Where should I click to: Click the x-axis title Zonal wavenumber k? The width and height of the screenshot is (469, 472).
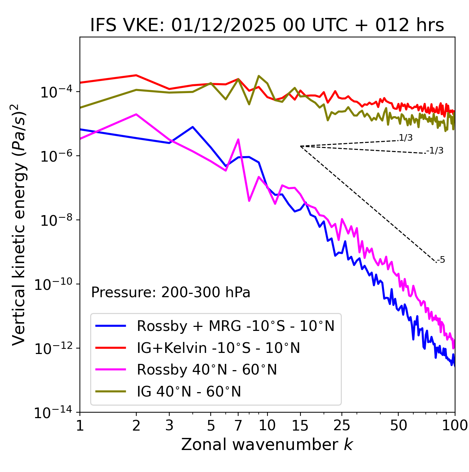click(x=267, y=445)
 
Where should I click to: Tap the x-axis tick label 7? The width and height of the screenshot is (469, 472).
click(x=238, y=425)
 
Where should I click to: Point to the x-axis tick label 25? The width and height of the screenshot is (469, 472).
click(x=342, y=425)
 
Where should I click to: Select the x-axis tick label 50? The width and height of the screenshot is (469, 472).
click(x=398, y=425)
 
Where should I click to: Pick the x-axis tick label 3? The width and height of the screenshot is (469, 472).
click(x=169, y=425)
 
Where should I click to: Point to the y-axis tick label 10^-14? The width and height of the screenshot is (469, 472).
click(x=53, y=413)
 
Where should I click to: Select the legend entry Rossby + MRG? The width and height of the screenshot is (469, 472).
click(x=236, y=326)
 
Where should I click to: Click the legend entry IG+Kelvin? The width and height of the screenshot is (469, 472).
click(x=218, y=348)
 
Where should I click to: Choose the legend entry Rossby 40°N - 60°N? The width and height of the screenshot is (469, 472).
click(x=207, y=370)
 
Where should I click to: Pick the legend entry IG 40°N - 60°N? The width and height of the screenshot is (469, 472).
click(x=189, y=392)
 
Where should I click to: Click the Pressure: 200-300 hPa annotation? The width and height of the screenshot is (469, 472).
click(x=170, y=292)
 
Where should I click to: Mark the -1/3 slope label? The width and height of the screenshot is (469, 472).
click(x=435, y=151)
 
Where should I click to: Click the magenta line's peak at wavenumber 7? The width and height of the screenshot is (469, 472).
click(x=238, y=139)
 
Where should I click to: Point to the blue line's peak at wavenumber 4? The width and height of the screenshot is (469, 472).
click(x=193, y=127)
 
